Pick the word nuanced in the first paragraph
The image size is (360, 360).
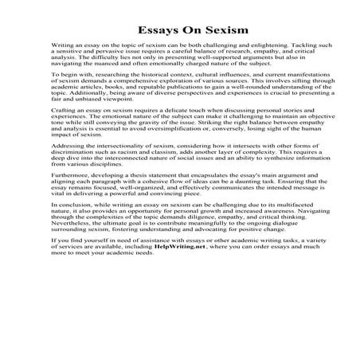coord(103,72)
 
